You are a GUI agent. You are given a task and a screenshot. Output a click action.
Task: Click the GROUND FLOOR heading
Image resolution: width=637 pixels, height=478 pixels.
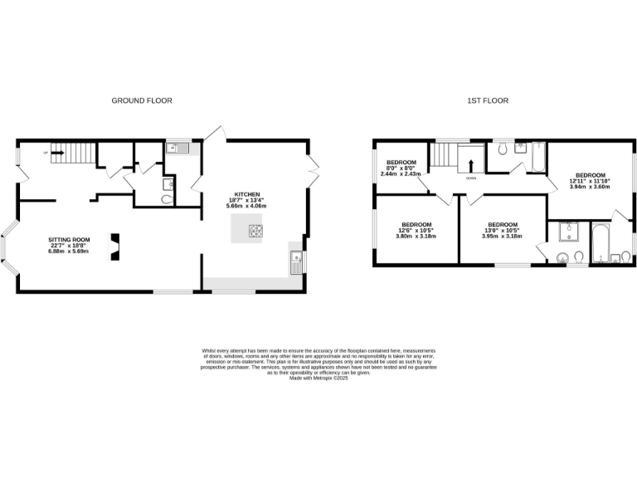click(142, 100)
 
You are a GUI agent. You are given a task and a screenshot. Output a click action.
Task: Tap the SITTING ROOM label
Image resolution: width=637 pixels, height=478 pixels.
click(69, 240)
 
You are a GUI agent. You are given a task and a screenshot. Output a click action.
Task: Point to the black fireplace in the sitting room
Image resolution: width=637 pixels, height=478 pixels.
click(114, 247)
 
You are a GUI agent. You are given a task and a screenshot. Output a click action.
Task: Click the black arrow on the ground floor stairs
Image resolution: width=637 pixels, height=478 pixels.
click(58, 152)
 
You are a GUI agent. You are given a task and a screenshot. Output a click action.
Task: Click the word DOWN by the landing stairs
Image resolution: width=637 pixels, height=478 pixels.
click(470, 178)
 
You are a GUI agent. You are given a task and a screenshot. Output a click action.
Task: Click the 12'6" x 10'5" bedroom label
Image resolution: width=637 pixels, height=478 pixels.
click(416, 230)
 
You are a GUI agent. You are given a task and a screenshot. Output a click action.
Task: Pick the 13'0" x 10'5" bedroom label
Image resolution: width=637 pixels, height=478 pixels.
click(502, 230)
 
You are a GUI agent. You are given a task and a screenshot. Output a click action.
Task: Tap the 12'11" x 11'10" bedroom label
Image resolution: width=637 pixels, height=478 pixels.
click(590, 181)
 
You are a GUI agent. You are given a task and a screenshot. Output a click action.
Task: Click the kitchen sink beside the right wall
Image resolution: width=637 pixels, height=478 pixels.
click(295, 262)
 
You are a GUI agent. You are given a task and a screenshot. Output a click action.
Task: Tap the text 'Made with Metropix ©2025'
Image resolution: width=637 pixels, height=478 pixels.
click(318, 378)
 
